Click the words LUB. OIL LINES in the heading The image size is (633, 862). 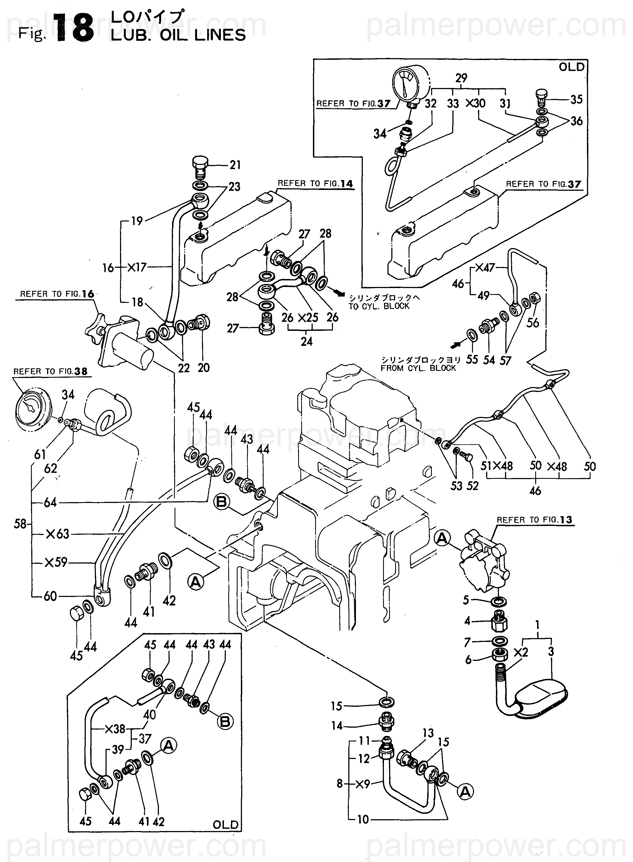pos(178,35)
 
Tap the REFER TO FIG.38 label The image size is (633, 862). pos(50,371)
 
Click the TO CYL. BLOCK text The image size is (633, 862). pos(379,306)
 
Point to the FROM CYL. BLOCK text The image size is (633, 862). pos(418,368)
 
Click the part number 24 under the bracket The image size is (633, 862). pos(307,341)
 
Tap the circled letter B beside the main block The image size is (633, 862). pos(222,502)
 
